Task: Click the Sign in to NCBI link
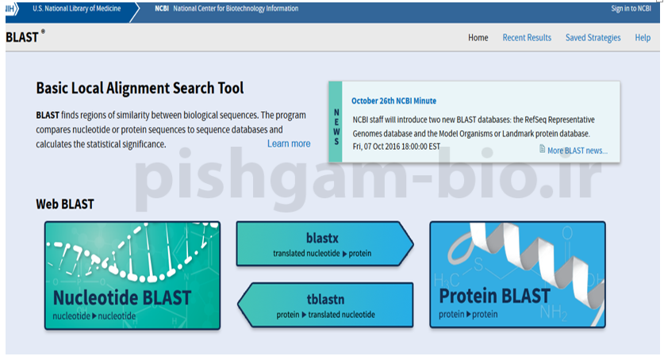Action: click(x=631, y=9)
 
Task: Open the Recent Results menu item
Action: click(x=527, y=37)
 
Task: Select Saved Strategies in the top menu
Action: click(x=593, y=37)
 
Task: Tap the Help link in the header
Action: click(x=643, y=37)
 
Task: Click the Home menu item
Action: click(x=478, y=37)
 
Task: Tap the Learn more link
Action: click(x=289, y=144)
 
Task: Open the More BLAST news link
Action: click(x=578, y=151)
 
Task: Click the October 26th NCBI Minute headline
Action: click(x=393, y=101)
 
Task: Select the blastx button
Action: click(x=324, y=244)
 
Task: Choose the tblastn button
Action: click(x=325, y=305)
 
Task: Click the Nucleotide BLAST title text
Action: click(x=122, y=298)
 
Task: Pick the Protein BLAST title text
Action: click(x=494, y=296)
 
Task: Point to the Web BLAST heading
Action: click(x=65, y=205)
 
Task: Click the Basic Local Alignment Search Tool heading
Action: click(x=140, y=88)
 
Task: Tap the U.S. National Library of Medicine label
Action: click(x=77, y=9)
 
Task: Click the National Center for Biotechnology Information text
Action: click(x=236, y=9)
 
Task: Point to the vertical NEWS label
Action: click(x=336, y=127)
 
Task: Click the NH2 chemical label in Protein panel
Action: click(x=554, y=312)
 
